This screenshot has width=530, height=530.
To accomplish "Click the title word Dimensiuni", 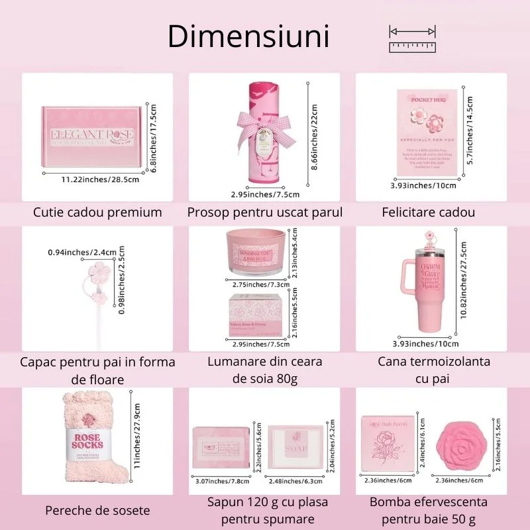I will click(x=248, y=36).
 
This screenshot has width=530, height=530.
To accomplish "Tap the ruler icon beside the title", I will click(x=412, y=39).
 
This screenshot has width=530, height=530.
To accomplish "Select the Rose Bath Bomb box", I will click(x=388, y=443).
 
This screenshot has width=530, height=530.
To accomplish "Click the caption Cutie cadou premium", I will click(x=98, y=213).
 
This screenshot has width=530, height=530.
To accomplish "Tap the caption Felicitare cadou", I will click(x=429, y=213).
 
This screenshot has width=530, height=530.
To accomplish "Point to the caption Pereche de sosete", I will click(x=97, y=511).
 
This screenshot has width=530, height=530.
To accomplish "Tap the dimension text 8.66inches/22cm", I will click(x=315, y=136).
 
